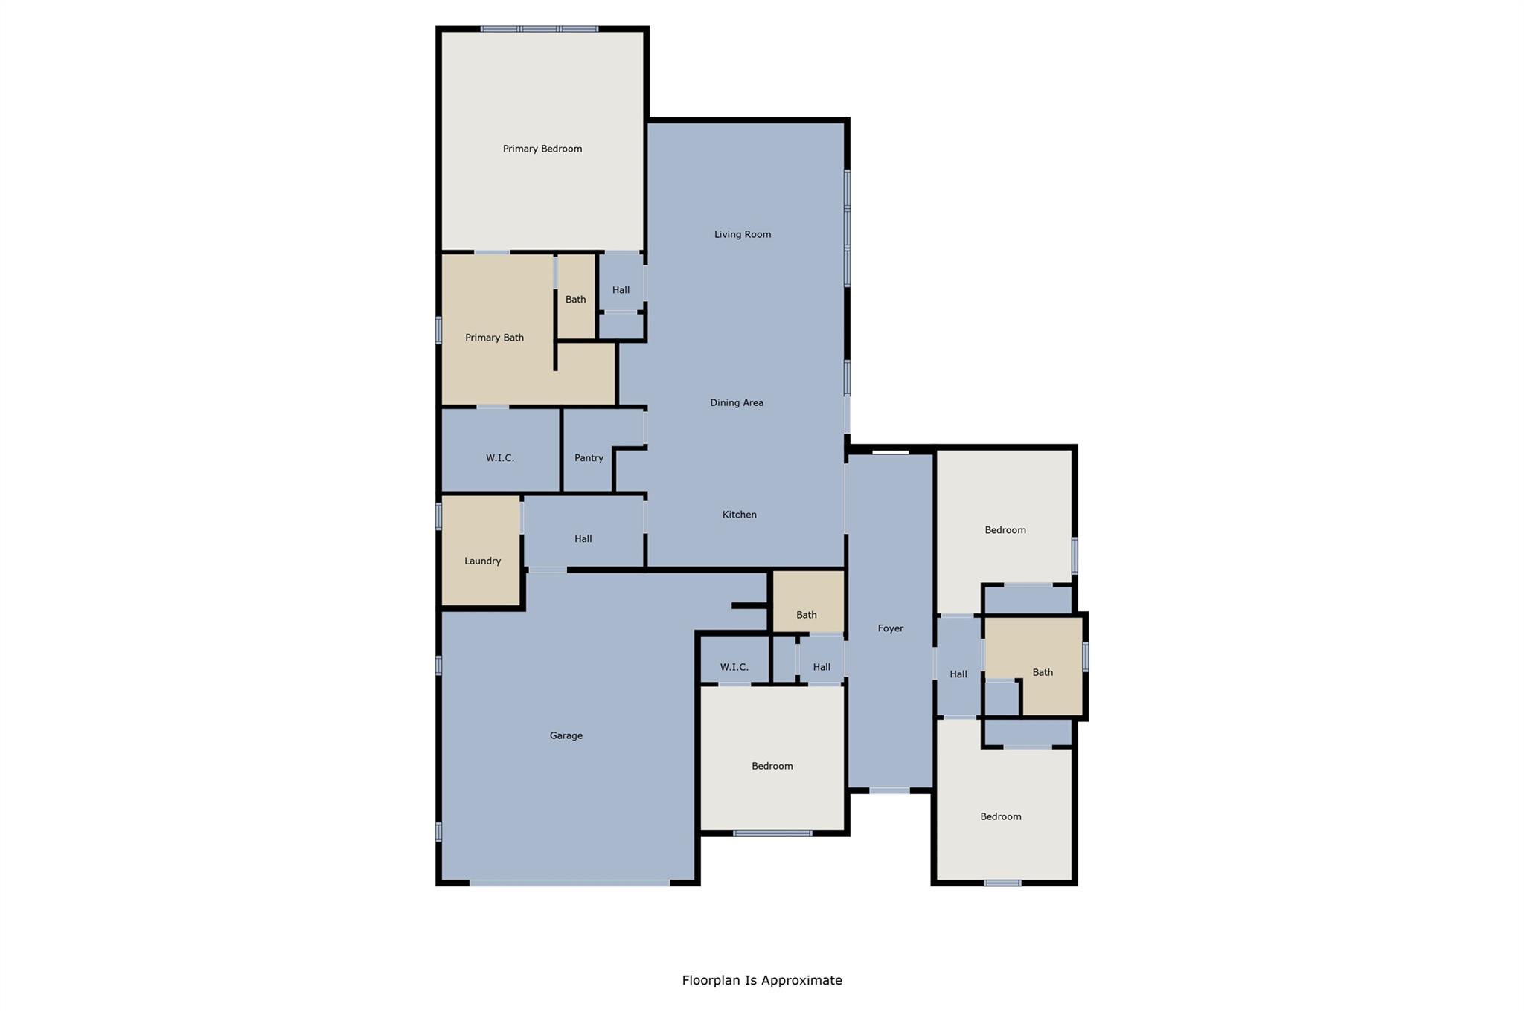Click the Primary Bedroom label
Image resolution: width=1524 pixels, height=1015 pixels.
[542, 149]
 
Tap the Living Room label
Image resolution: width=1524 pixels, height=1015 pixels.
[742, 234]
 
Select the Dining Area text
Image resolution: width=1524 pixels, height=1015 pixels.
[736, 402]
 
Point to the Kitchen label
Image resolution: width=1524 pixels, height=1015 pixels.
[739, 515]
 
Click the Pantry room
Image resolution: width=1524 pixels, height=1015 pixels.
[589, 457]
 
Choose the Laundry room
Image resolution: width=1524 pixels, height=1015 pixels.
[482, 561]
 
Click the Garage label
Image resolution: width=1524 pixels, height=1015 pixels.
[566, 735]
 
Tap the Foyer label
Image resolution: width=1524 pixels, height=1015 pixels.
[890, 628]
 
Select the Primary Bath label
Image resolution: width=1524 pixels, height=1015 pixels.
[494, 338]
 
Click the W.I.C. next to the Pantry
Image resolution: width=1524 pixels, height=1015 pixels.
[499, 457]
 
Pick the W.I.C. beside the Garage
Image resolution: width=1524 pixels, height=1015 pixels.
[734, 667]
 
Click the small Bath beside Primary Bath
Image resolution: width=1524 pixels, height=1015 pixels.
[575, 299]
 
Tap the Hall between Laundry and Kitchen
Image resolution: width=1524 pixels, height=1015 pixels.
[583, 538]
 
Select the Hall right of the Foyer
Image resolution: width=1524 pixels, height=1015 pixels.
[958, 674]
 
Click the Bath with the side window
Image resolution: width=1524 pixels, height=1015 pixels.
[1042, 672]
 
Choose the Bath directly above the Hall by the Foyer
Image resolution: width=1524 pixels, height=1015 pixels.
[806, 614]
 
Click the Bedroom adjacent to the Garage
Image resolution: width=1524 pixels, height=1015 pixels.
[772, 766]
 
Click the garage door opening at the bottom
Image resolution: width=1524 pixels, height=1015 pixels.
[569, 883]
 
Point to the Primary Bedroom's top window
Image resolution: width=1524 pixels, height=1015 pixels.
[539, 29]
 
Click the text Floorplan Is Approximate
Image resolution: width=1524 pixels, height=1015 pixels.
[761, 980]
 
